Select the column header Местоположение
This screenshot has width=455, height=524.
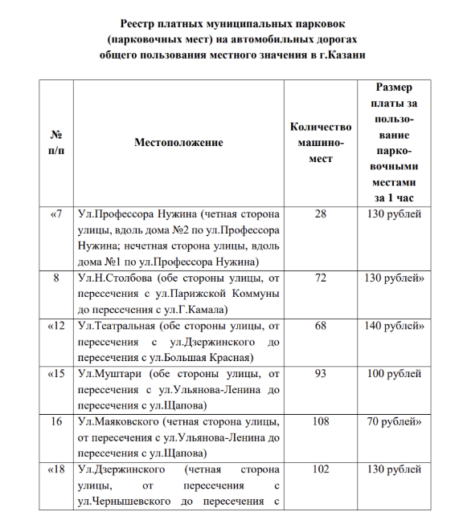(x=178, y=142)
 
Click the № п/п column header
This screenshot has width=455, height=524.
(x=56, y=142)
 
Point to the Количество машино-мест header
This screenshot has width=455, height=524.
(x=321, y=142)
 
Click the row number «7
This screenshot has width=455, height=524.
(x=56, y=213)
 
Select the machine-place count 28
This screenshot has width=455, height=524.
(x=321, y=213)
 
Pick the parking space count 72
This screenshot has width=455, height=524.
(x=321, y=278)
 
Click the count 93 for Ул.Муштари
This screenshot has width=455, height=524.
(x=321, y=374)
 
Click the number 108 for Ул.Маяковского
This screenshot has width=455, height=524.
(x=321, y=422)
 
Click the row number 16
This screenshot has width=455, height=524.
(x=56, y=422)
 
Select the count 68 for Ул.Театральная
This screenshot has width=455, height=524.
(x=321, y=326)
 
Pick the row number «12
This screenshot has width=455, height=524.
(x=56, y=326)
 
